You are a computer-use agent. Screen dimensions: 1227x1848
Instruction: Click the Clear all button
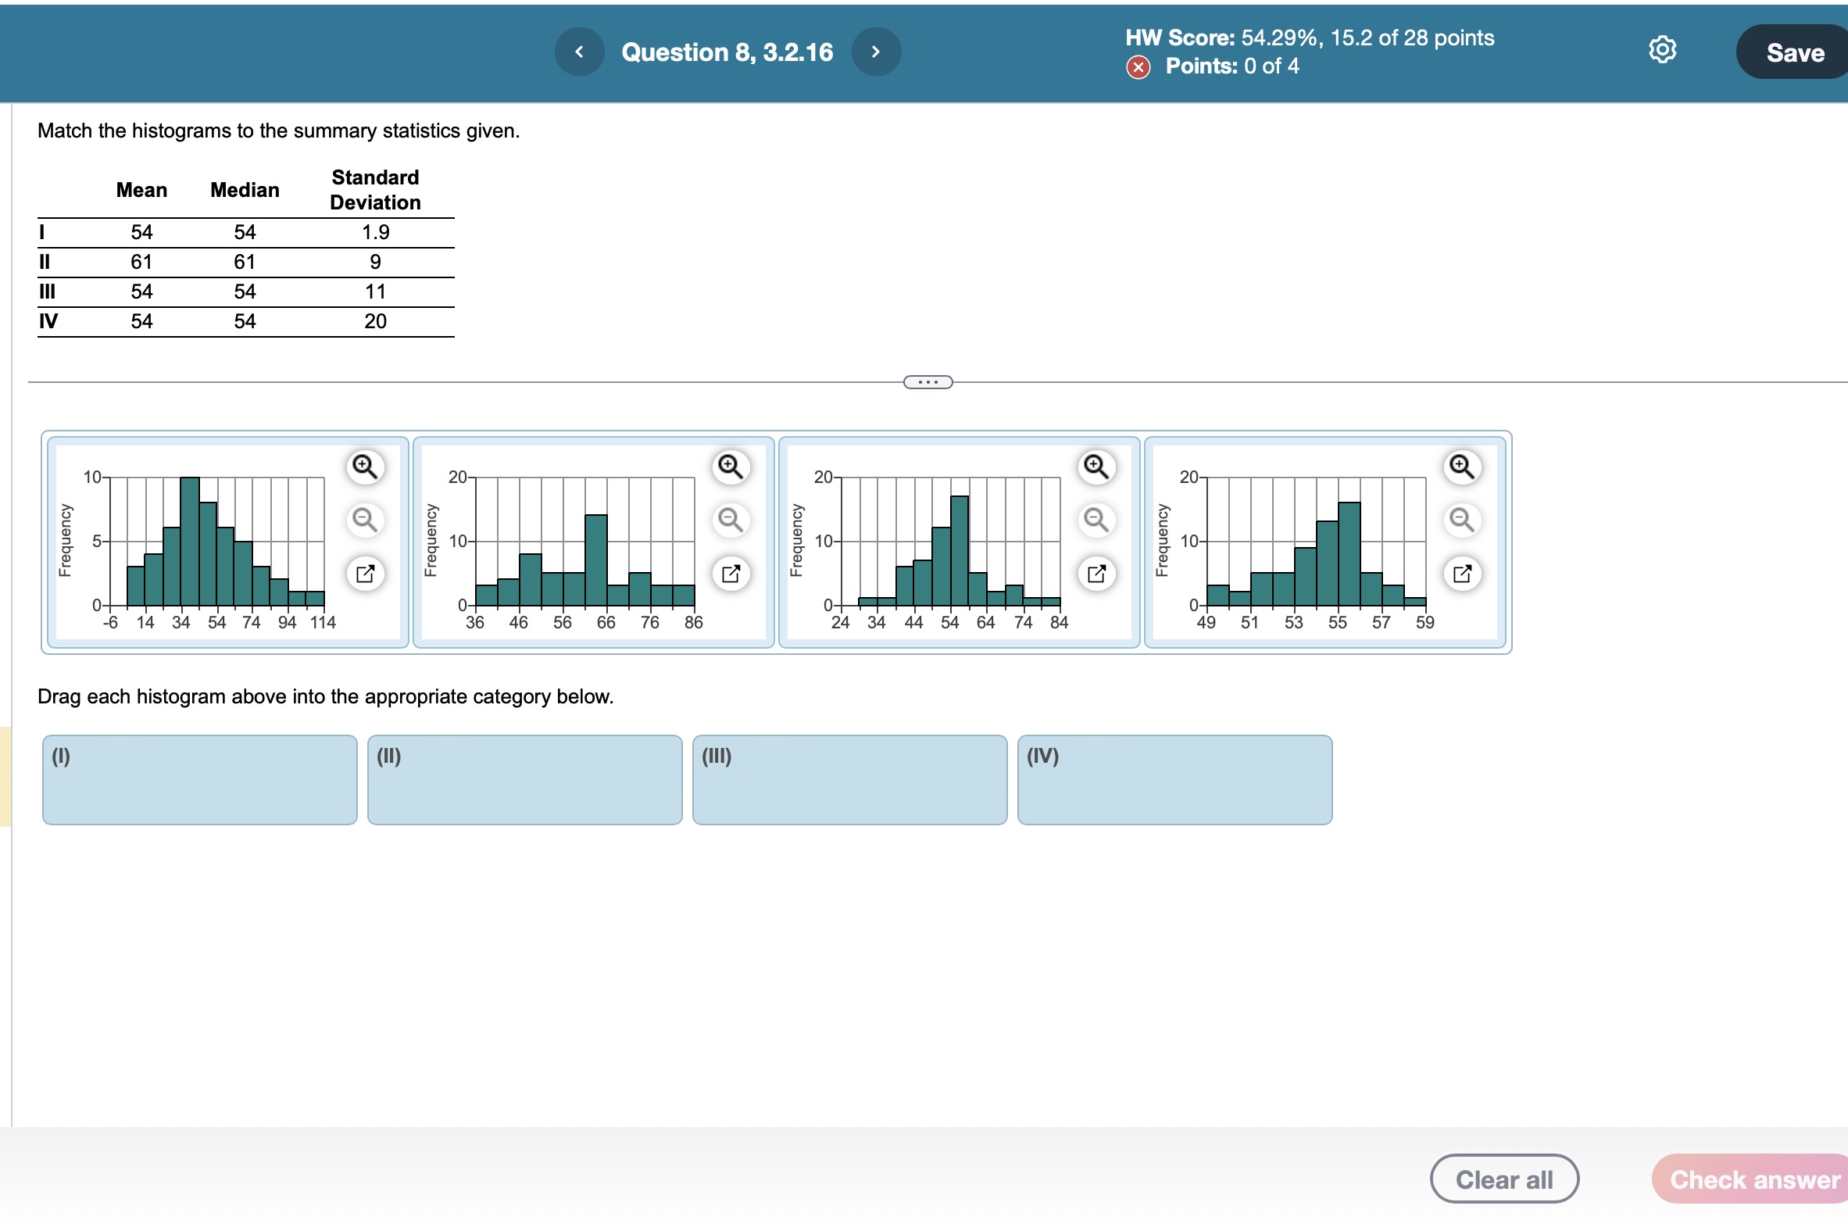tap(1503, 1179)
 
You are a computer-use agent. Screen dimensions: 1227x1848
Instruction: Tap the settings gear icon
tap(1662, 50)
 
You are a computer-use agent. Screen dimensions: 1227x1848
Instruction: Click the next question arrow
tap(875, 52)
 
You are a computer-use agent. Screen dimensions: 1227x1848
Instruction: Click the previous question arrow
tap(579, 52)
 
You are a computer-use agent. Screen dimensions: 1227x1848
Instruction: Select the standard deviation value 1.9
tap(375, 232)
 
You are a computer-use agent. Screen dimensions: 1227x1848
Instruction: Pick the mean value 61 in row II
tap(141, 262)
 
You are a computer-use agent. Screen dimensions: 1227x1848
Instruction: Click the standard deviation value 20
tap(375, 322)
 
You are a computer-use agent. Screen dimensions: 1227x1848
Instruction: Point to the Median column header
tap(244, 190)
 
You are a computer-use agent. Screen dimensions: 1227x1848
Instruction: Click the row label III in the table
tap(47, 292)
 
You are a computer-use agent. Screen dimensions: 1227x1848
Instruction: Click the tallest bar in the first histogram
tap(189, 542)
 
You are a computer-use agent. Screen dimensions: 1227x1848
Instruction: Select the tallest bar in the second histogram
tap(595, 560)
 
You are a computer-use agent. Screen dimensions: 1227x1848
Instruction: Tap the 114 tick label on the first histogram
tap(323, 623)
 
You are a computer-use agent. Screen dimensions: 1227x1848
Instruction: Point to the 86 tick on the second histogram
tap(693, 623)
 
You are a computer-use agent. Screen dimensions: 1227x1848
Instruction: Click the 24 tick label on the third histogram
tap(840, 623)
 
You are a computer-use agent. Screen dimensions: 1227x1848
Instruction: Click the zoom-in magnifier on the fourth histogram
tap(1461, 467)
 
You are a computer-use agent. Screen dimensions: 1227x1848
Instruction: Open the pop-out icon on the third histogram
tap(1096, 574)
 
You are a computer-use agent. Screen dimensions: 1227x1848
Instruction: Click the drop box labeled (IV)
tap(1174, 779)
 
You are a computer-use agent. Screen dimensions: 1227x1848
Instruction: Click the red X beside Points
tap(1138, 68)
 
